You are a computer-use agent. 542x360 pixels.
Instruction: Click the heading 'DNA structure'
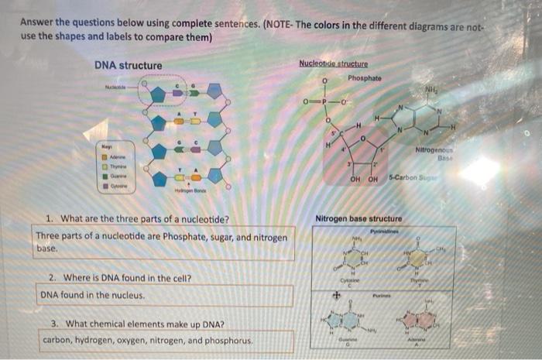[x=128, y=65]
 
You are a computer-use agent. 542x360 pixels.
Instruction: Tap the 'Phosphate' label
[x=365, y=78]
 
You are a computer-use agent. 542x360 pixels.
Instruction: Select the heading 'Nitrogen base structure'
[x=358, y=219]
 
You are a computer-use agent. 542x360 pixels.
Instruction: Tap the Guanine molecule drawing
[x=343, y=321]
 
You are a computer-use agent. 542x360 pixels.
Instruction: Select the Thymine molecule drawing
[x=419, y=259]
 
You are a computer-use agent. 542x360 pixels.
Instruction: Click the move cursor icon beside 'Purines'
[x=336, y=294]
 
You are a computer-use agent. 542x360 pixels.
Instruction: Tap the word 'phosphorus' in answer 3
[x=229, y=340]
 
